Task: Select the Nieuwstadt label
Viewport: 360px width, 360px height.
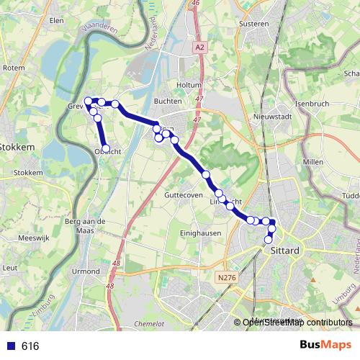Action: tap(271, 116)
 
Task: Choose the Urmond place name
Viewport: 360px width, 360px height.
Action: tap(86, 271)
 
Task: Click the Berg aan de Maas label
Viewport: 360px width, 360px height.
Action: tap(85, 225)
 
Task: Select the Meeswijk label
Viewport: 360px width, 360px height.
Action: tap(32, 237)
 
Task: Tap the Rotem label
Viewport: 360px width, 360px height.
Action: tap(14, 68)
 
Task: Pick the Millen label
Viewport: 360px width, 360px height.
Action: tap(312, 162)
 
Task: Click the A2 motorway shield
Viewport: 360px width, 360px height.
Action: tap(199, 47)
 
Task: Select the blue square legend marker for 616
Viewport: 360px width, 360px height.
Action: tap(10, 346)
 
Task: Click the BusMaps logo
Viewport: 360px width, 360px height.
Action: tap(325, 346)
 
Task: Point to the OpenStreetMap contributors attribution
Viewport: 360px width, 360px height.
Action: tap(297, 323)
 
